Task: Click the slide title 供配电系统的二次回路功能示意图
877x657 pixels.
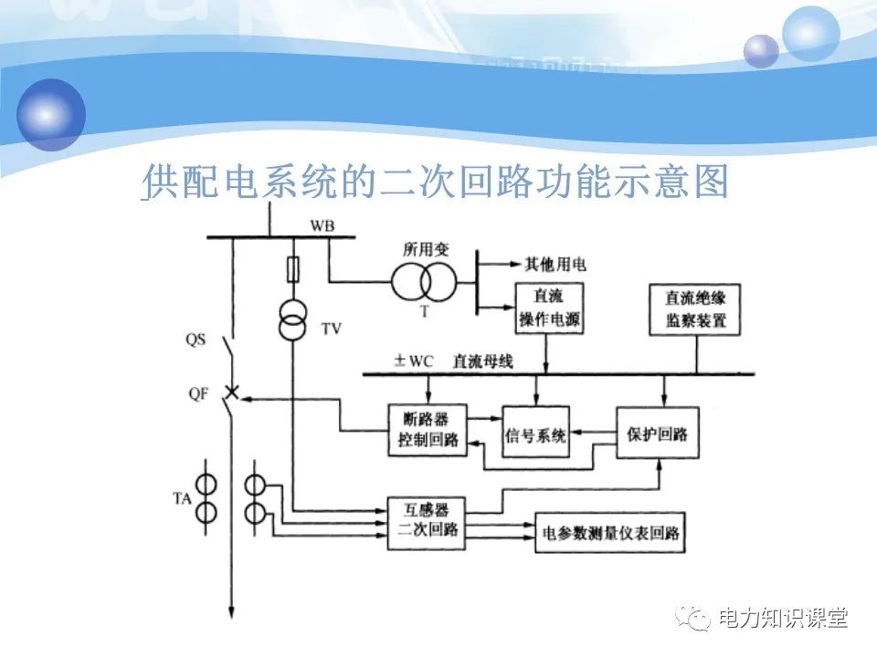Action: pyautogui.click(x=437, y=183)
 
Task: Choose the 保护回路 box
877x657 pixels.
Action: pyautogui.click(x=658, y=432)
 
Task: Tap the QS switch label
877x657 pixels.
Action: pyautogui.click(x=195, y=339)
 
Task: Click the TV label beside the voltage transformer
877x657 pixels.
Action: pyautogui.click(x=332, y=328)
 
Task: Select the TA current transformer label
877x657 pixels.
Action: pyautogui.click(x=182, y=498)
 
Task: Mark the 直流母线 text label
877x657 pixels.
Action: pyautogui.click(x=483, y=361)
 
